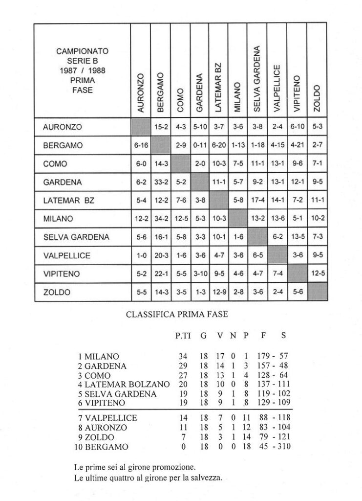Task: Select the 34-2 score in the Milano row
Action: (160, 219)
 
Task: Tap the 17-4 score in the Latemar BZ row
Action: (257, 201)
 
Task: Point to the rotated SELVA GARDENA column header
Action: (257, 77)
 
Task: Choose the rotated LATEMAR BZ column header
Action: (218, 85)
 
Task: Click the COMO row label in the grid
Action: (53, 164)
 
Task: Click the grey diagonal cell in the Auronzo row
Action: (140, 127)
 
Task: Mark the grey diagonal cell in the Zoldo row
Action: (316, 293)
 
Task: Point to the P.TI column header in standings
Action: (183, 336)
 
